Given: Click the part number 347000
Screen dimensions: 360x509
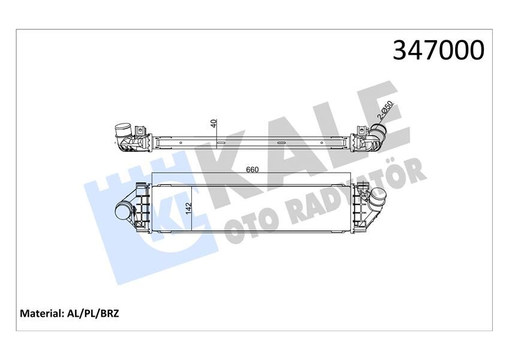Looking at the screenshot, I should coord(438,50).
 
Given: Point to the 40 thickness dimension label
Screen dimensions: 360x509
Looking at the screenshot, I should coord(213,124).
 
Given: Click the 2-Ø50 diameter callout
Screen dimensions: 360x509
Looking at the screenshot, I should coord(384,112).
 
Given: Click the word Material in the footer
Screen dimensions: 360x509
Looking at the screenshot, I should coord(41,313).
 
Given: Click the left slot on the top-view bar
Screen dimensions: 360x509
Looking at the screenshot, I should coord(221,143).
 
